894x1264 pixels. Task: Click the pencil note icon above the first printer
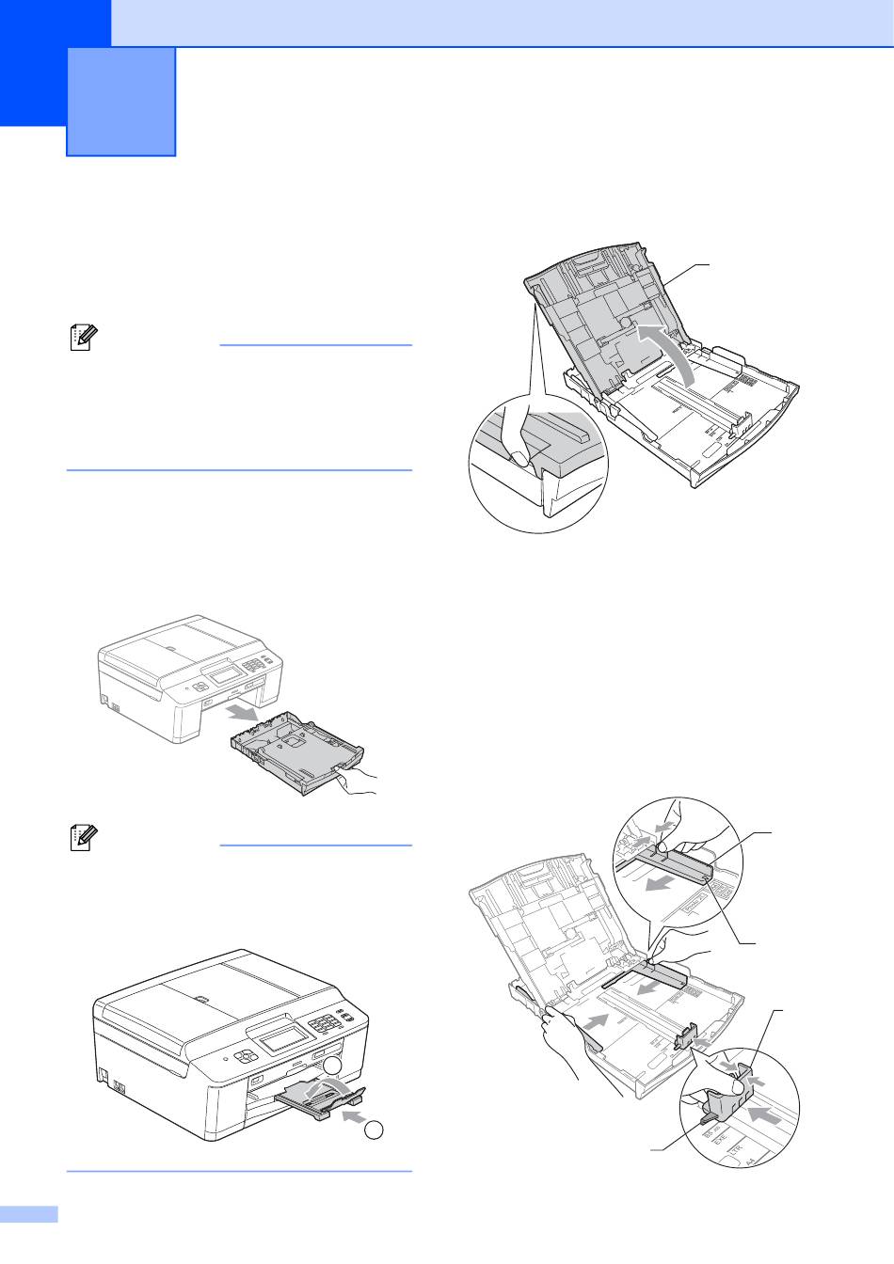82,339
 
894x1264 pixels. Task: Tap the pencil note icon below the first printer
82,839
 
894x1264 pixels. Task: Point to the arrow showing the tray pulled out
247,716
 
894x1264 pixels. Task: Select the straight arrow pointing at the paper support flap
347,1116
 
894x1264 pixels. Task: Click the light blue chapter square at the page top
121,101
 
